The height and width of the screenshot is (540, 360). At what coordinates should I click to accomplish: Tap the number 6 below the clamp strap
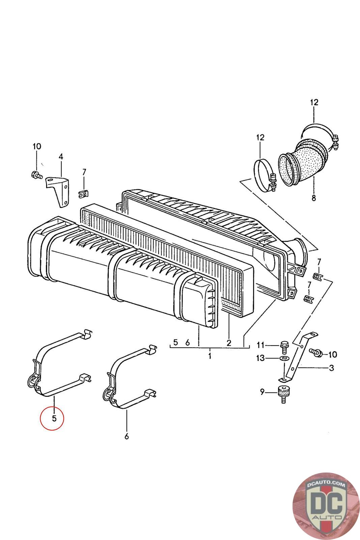(127, 436)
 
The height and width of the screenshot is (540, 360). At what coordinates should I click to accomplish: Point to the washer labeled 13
(284, 358)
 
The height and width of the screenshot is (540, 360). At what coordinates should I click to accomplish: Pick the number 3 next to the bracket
(331, 368)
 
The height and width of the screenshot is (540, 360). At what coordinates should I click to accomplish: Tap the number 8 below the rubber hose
(314, 198)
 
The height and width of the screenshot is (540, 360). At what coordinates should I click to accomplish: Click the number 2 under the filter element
(229, 343)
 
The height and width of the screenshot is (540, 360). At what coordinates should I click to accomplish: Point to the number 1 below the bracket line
(210, 356)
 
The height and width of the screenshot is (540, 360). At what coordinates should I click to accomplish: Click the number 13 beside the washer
(261, 358)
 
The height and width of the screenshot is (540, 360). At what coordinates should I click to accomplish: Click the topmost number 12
(314, 102)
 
